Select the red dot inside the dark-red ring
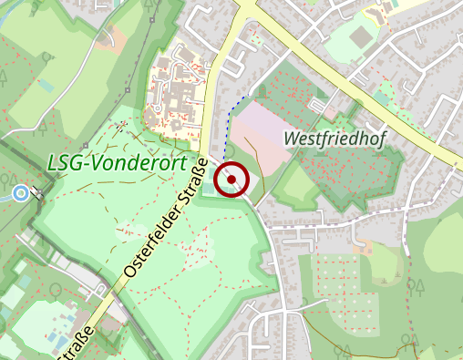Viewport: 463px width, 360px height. [x=233, y=180]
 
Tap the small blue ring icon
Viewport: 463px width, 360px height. [x=21, y=192]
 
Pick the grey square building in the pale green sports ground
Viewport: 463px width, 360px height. [x=360, y=37]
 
